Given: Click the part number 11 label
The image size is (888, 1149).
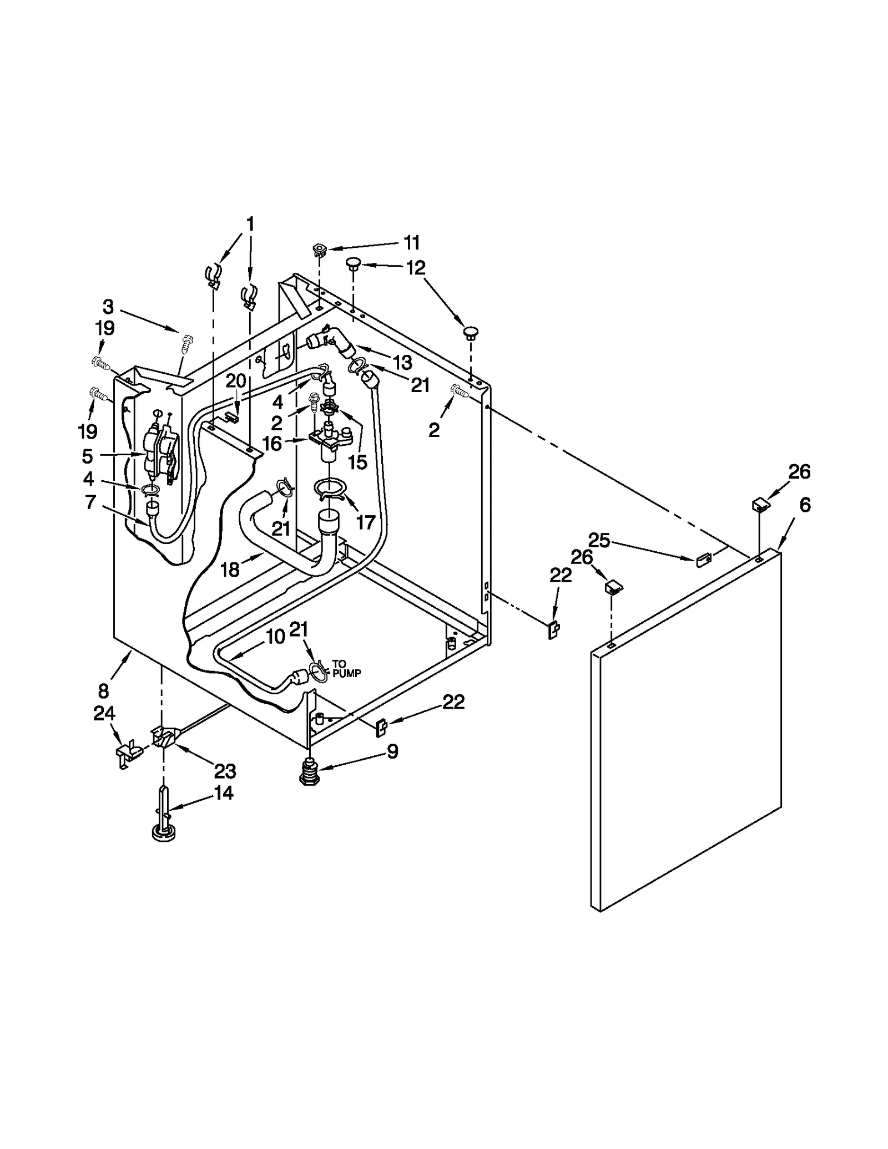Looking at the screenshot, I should coord(411,243).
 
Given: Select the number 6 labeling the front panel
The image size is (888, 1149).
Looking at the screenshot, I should coord(805,505).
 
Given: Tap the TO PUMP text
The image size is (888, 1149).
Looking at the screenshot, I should coord(346,668).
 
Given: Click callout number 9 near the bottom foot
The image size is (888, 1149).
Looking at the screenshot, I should coord(392,751).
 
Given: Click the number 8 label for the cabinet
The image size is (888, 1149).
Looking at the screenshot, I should coord(104,692).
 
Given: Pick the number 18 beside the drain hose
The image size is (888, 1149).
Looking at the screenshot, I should coord(230,569).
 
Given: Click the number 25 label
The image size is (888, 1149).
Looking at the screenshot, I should coord(599,540).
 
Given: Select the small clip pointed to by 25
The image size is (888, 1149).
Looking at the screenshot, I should coord(703,560).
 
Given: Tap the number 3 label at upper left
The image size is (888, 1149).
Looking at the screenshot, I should coord(108,307).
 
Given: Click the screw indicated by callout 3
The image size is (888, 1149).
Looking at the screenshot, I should coord(186,344).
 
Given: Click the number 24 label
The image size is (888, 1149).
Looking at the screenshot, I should coord(104,714).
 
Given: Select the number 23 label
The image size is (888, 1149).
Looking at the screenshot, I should coord(225,771).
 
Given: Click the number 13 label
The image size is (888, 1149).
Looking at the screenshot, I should coord(403,363).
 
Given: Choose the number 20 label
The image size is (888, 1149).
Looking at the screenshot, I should coord(235,381).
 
